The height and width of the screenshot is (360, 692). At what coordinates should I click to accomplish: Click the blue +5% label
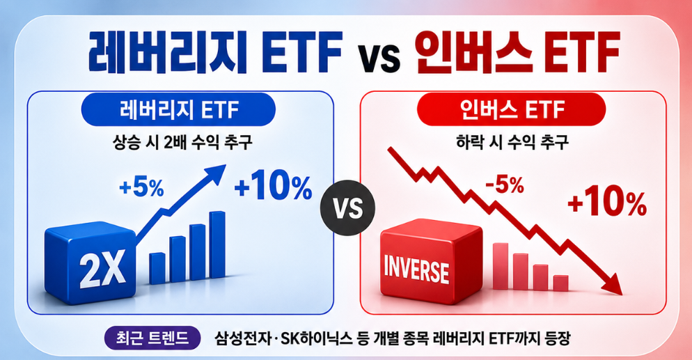click(141, 189)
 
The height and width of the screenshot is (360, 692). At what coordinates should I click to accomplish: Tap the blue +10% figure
click(273, 187)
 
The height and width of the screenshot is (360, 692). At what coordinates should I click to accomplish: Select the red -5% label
click(505, 185)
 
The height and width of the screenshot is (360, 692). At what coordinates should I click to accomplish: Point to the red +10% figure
click(607, 203)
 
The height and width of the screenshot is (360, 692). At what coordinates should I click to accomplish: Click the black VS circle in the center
click(348, 208)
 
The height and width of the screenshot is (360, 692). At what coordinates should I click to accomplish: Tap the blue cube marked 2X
click(91, 263)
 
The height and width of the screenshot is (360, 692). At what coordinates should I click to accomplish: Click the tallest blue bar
click(217, 244)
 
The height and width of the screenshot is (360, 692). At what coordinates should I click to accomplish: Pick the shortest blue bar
click(157, 268)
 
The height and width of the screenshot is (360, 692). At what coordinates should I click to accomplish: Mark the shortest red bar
click(560, 283)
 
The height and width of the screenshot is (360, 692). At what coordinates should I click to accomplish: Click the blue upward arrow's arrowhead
click(217, 173)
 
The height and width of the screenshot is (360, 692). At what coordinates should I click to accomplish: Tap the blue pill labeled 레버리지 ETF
click(178, 109)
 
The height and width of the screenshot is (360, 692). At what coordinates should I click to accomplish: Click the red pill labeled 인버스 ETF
click(511, 109)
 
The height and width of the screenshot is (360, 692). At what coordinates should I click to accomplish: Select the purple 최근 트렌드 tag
click(152, 338)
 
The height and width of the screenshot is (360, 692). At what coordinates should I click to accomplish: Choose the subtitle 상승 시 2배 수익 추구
click(182, 143)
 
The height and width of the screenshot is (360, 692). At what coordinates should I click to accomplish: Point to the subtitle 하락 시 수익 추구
click(512, 143)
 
